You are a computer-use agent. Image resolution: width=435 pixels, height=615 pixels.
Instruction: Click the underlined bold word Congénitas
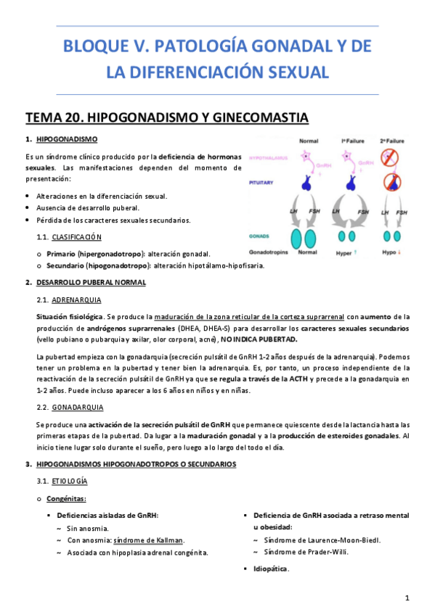tap(66, 498)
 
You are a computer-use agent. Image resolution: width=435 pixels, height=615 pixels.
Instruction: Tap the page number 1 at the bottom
tap(408, 598)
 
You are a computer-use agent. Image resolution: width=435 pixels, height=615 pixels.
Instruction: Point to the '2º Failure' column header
tap(392, 140)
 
